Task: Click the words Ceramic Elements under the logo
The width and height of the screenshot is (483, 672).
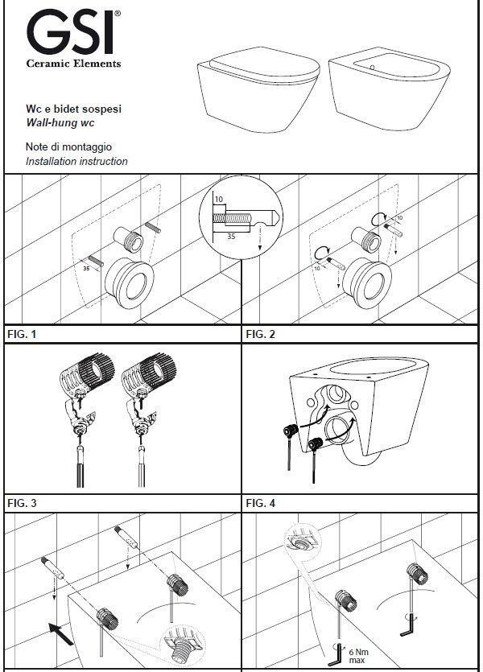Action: click(73, 63)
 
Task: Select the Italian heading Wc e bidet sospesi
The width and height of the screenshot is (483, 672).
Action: click(74, 109)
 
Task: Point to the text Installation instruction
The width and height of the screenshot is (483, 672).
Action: click(76, 161)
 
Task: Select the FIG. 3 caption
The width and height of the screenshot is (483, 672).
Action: click(23, 503)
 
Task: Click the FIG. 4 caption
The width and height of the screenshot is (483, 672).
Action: click(261, 503)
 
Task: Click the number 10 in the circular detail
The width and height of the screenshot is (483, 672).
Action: click(219, 198)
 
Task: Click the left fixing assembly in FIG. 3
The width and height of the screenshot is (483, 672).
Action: click(82, 410)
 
